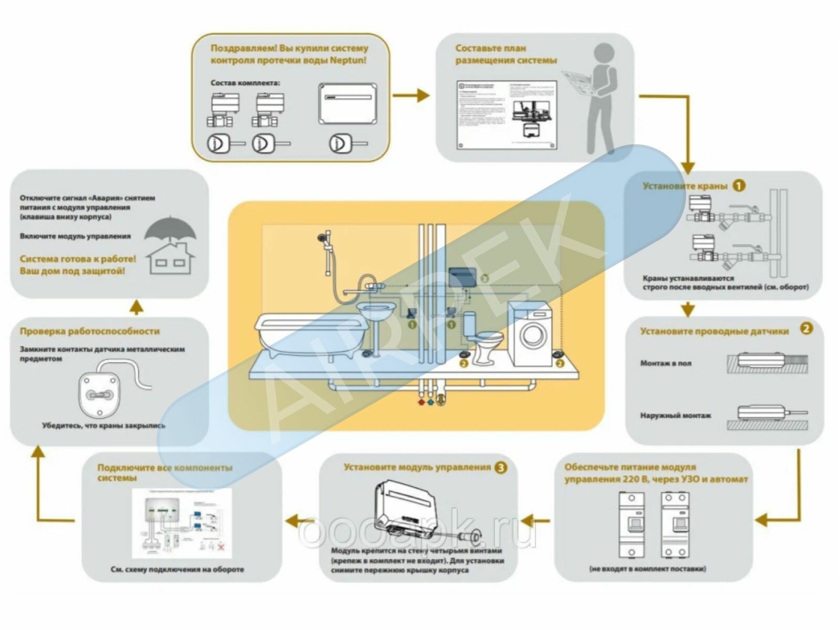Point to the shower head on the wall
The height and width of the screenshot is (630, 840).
[x=320, y=239]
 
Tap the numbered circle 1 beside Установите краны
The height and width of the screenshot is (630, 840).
[x=739, y=185]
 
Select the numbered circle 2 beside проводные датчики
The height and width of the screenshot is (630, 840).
[x=806, y=329]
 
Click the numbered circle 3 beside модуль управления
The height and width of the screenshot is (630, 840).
[x=501, y=467]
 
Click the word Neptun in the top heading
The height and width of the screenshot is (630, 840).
[x=348, y=60]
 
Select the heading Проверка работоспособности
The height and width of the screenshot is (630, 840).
[x=90, y=331]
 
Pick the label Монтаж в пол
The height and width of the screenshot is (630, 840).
[x=666, y=363]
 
